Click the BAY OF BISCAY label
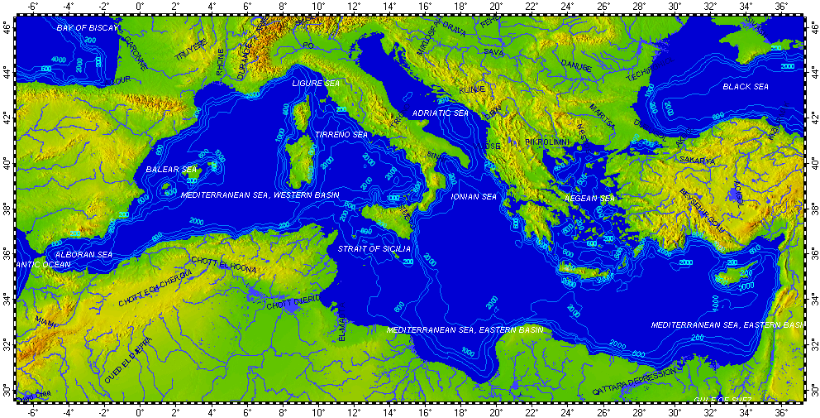click(88, 28)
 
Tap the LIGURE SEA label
click(316, 84)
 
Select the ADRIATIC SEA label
click(440, 113)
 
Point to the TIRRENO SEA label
click(341, 134)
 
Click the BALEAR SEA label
click(172, 170)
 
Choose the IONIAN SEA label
click(474, 197)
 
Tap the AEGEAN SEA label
click(590, 199)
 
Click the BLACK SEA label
click(746, 86)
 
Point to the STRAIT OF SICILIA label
click(372, 248)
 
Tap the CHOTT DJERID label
click(292, 304)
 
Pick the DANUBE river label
click(576, 65)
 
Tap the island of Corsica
click(301, 115)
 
